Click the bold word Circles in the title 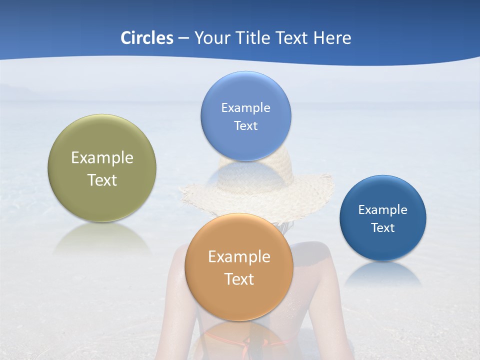[x=146, y=38]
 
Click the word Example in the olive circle [x=102, y=158]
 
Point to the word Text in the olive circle [x=102, y=180]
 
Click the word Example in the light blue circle [x=245, y=108]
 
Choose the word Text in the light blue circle [x=245, y=126]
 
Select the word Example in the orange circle [x=239, y=257]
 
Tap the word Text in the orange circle [x=239, y=279]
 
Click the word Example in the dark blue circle [x=383, y=210]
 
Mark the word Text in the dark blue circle [x=383, y=228]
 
